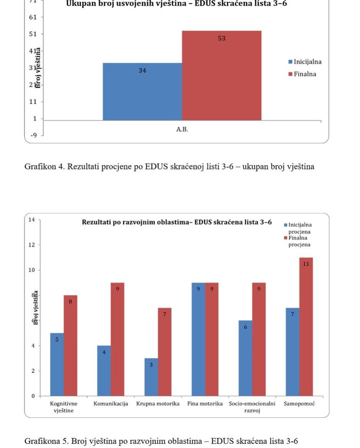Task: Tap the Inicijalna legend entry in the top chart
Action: (305, 62)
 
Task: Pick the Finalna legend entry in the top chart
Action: (302, 74)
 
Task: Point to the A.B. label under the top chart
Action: (182, 129)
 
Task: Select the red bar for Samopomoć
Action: (306, 326)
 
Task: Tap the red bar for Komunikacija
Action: (117, 339)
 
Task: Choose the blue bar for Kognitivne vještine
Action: (57, 364)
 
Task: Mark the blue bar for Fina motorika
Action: (198, 339)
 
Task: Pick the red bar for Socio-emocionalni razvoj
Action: (259, 339)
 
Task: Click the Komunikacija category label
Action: (111, 404)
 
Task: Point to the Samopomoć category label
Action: (299, 404)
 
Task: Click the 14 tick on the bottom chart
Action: (31, 220)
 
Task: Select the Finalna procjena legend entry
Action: (299, 241)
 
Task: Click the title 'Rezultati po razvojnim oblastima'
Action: (177, 222)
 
